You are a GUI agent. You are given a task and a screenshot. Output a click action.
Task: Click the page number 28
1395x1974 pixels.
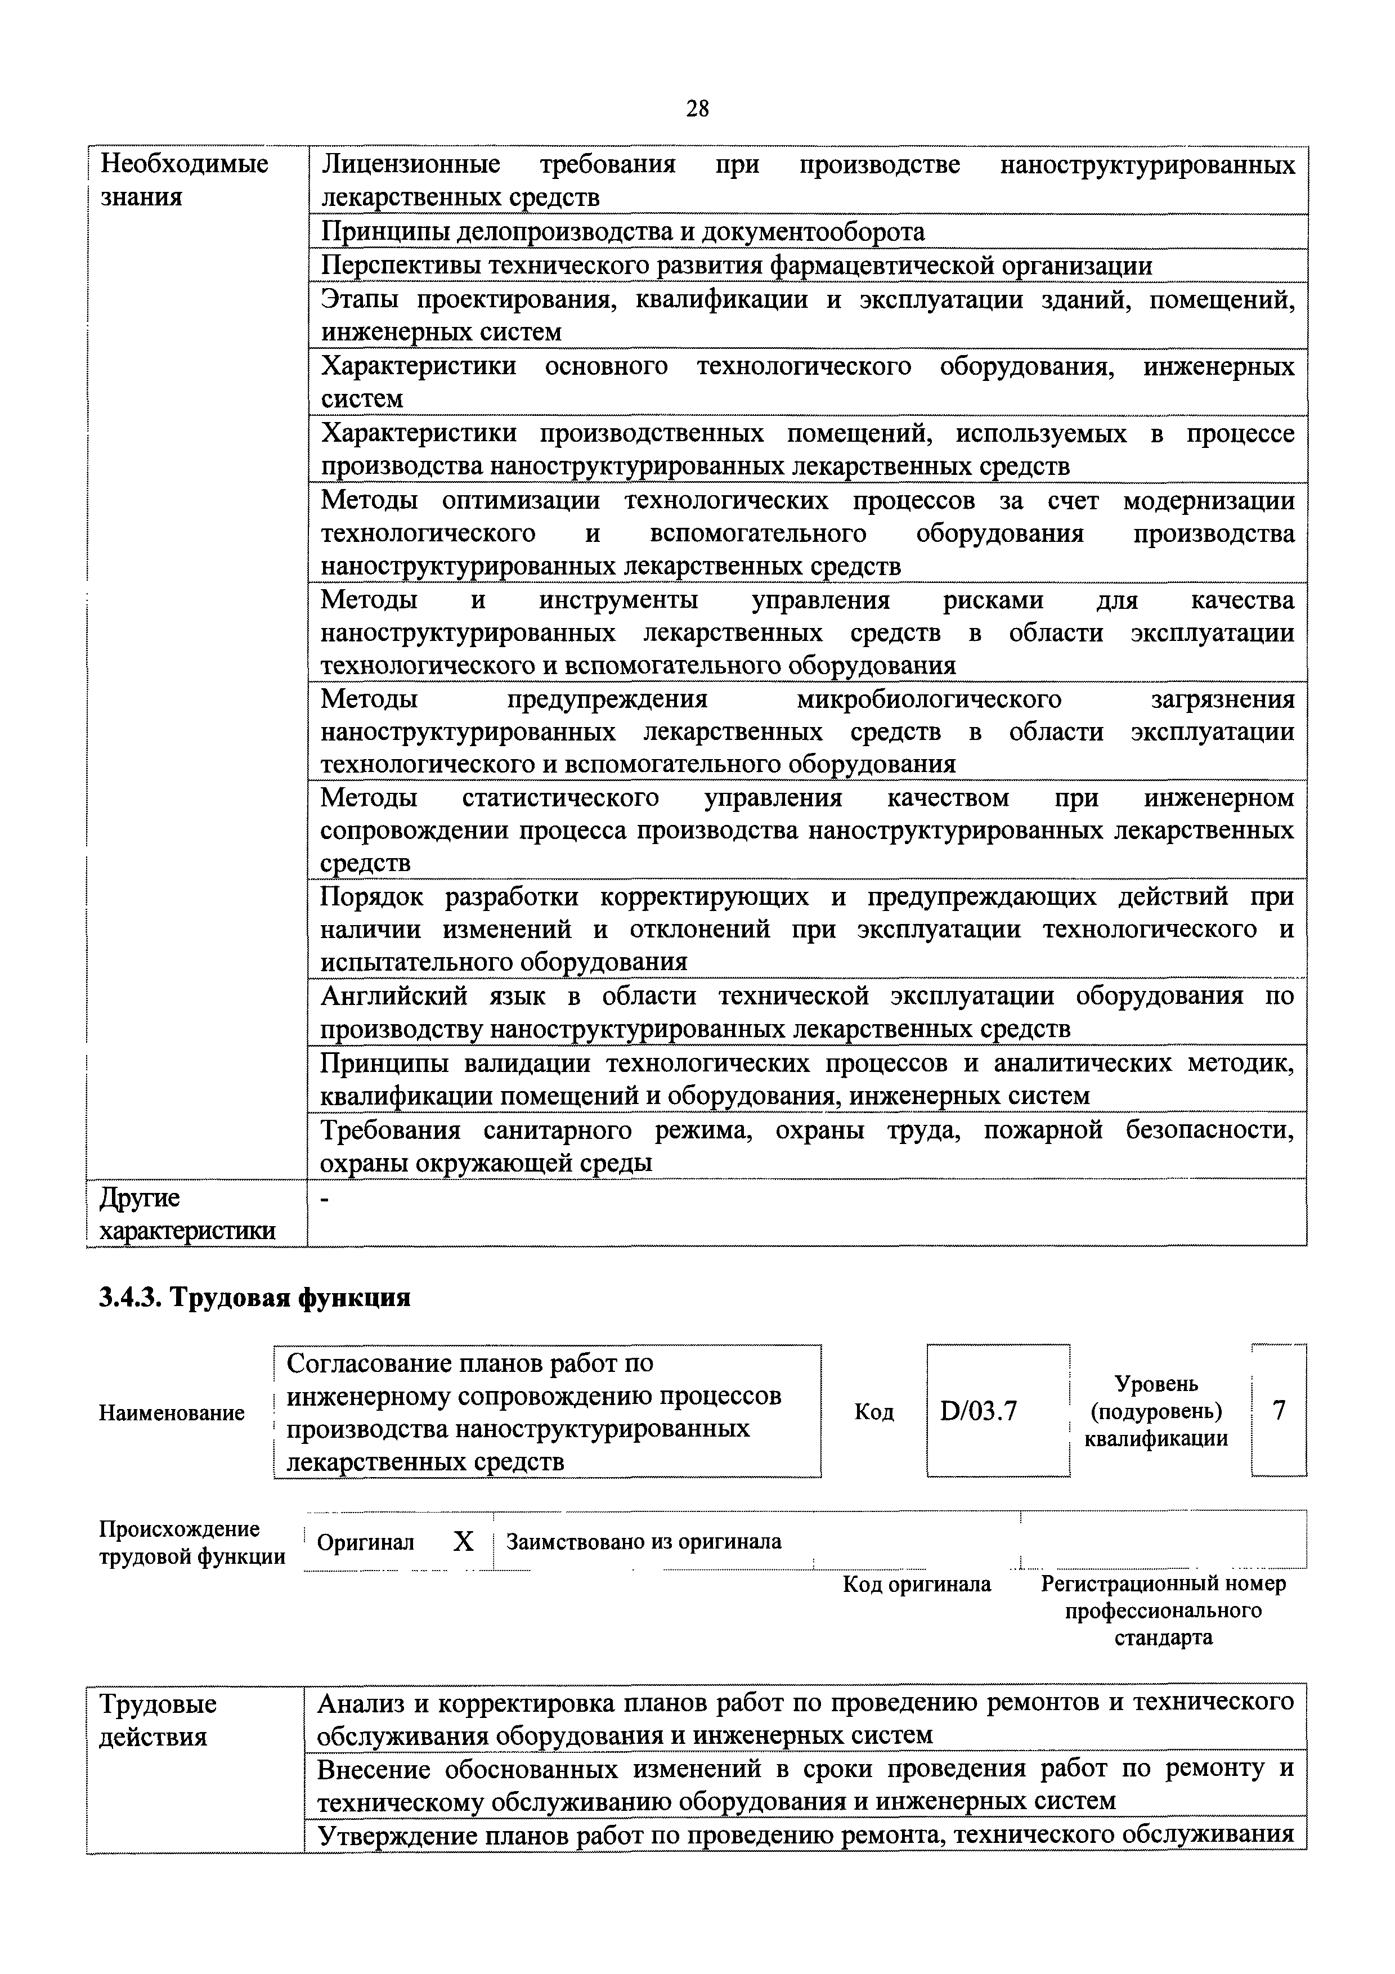point(697,109)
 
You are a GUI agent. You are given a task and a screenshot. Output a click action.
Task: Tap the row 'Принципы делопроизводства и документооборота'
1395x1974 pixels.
point(622,231)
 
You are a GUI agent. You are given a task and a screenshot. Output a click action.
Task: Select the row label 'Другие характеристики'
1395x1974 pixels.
point(187,1214)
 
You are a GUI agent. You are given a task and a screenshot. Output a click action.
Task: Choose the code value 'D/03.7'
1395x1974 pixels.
point(979,1411)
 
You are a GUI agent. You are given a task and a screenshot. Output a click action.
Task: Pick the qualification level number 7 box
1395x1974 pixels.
point(1279,1410)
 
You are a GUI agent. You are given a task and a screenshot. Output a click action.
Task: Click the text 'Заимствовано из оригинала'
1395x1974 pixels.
point(644,1541)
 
